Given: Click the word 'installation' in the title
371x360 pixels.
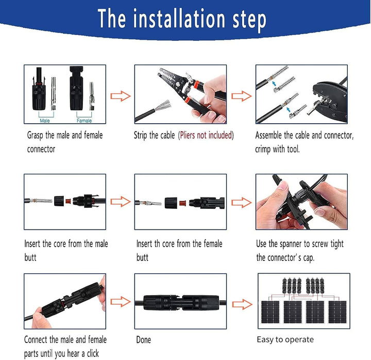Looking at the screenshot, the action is pyautogui.click(x=179, y=19).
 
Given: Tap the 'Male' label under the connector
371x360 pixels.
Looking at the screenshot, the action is pyautogui.click(x=45, y=121).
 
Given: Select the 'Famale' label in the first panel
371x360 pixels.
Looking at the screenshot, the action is pyautogui.click(x=84, y=121).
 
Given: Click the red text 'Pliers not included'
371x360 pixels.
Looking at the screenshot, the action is pyautogui.click(x=206, y=135).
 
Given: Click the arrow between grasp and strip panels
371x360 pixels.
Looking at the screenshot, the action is pyautogui.click(x=121, y=96).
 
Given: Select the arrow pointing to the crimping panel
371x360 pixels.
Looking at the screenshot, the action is pyautogui.click(x=241, y=96).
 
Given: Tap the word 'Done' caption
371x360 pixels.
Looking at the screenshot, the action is pyautogui.click(x=144, y=340).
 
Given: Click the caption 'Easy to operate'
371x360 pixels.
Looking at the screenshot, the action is pyautogui.click(x=285, y=339).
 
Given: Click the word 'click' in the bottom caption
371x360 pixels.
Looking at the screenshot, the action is pyautogui.click(x=93, y=353).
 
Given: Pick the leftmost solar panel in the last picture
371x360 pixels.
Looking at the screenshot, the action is pyautogui.click(x=270, y=312).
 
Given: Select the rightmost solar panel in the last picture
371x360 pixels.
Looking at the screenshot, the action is pyautogui.click(x=338, y=312).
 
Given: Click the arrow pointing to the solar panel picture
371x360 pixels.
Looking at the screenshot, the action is pyautogui.click(x=242, y=304).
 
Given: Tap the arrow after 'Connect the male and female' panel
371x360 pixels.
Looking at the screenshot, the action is pyautogui.click(x=121, y=302).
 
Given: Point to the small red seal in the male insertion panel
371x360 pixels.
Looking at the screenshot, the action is pyautogui.click(x=69, y=202).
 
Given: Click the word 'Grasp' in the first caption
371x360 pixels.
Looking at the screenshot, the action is pyautogui.click(x=35, y=135).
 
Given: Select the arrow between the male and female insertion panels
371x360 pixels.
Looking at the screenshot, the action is pyautogui.click(x=121, y=202).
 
